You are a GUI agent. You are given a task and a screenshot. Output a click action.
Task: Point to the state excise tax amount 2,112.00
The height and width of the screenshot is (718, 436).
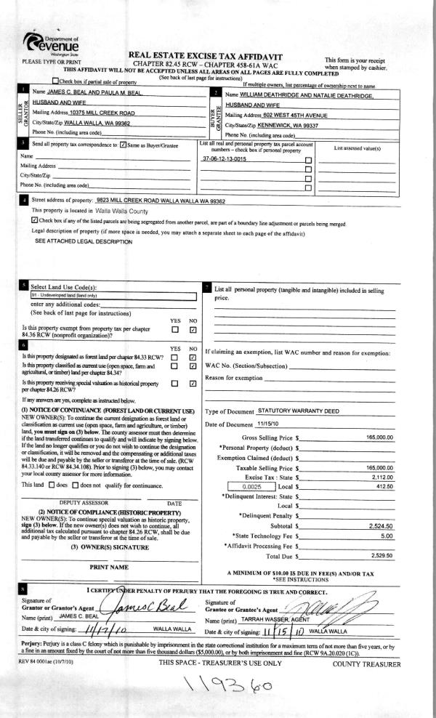[x=381, y=477]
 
